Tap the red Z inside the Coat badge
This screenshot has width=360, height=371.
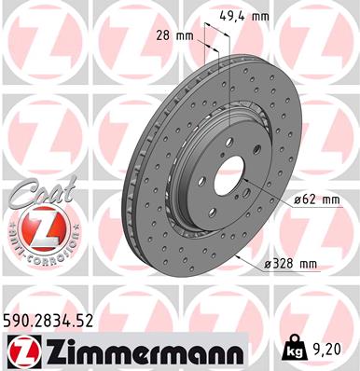point(35,227)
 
